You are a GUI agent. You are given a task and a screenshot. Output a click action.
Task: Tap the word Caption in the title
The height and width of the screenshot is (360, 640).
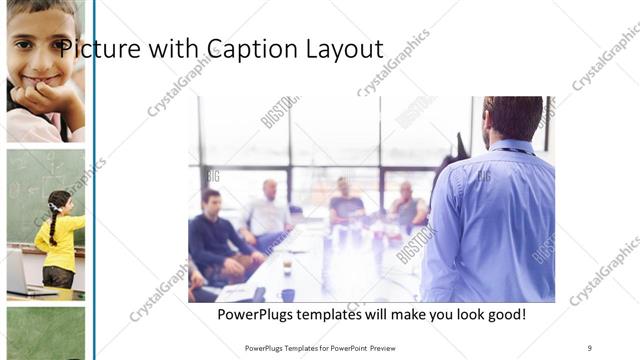click(x=247, y=48)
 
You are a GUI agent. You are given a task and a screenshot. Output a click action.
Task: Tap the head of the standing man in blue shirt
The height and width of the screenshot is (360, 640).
click(x=512, y=118)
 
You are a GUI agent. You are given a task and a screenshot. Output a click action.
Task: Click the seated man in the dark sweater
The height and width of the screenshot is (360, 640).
click(x=212, y=240)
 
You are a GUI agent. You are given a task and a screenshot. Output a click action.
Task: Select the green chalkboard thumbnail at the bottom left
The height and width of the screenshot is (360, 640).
click(x=45, y=333)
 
